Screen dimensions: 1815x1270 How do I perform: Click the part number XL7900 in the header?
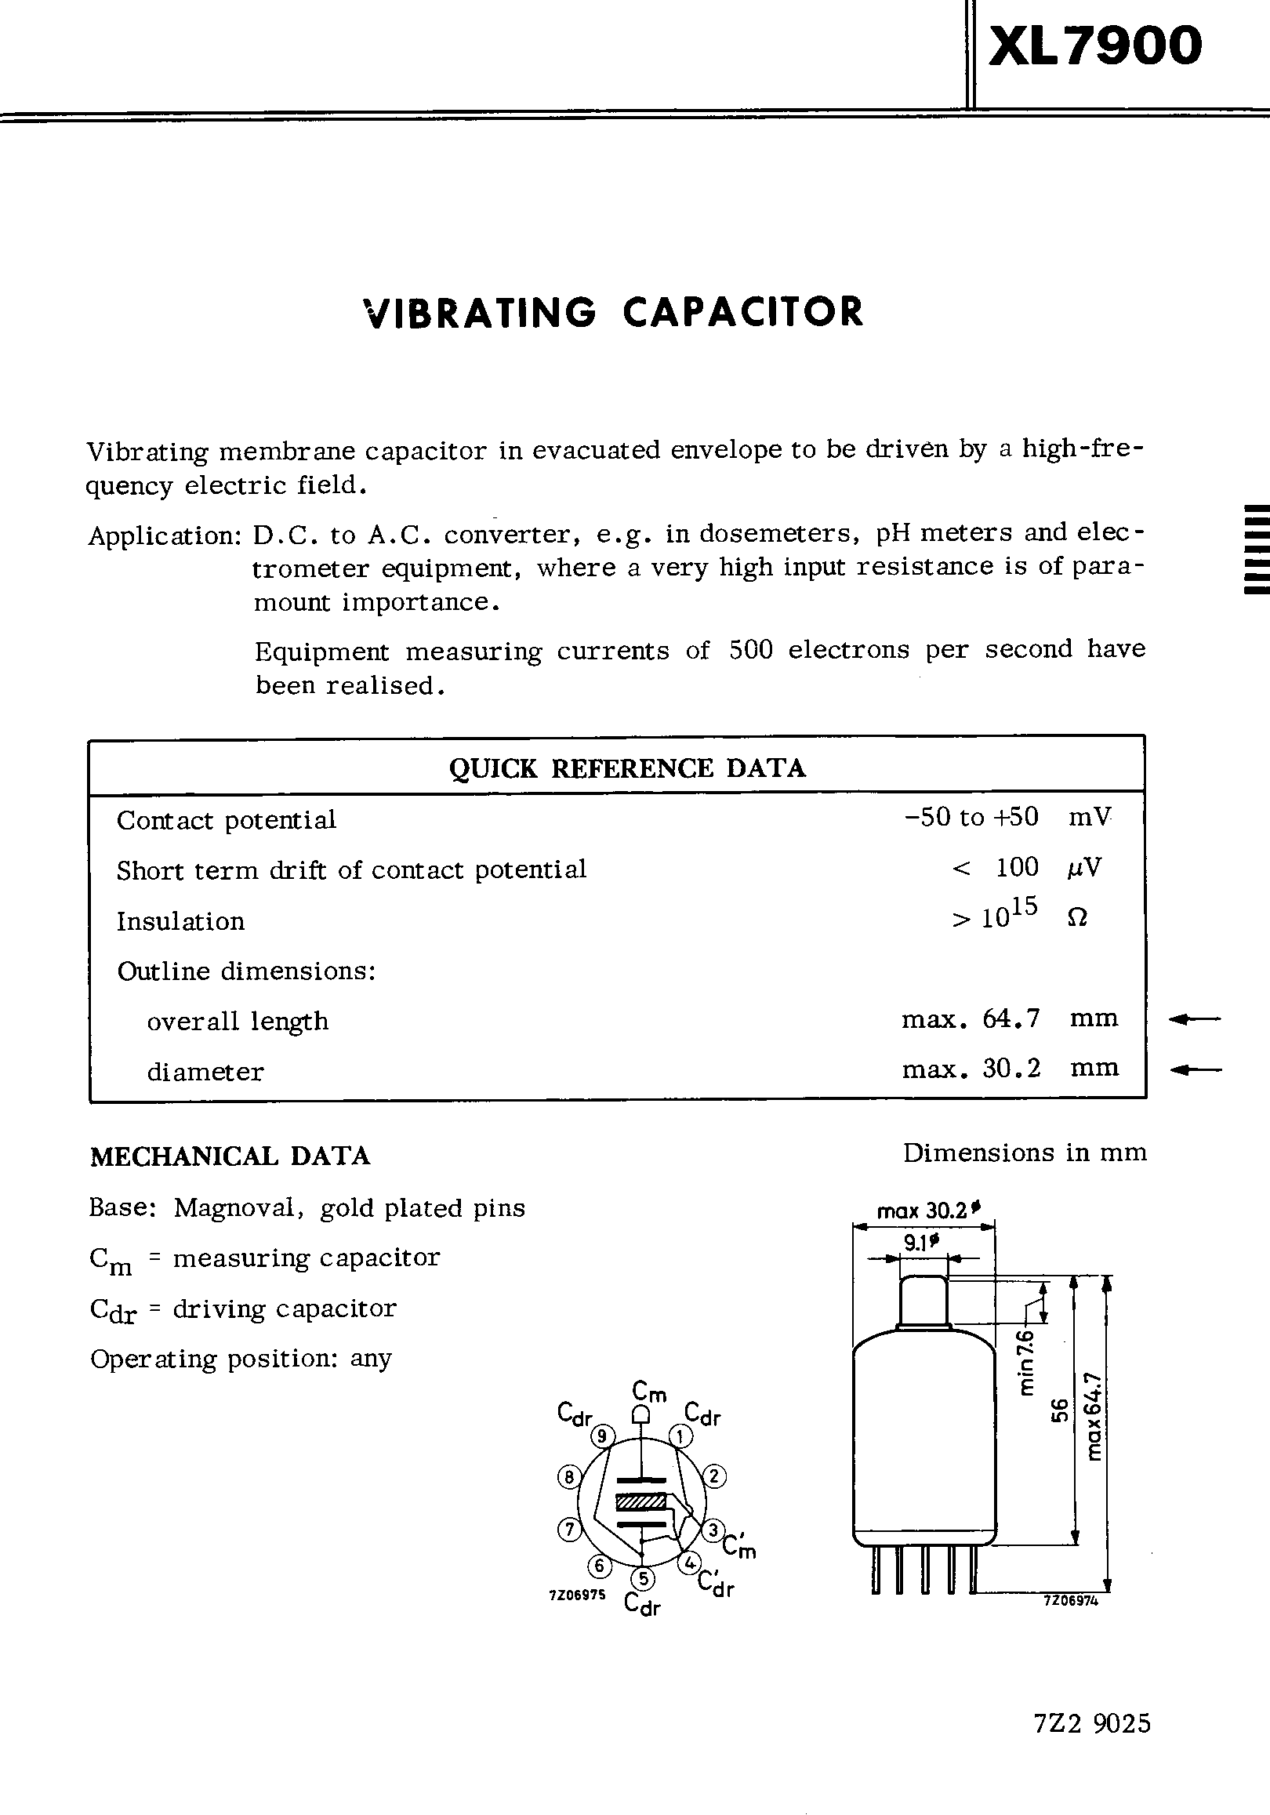(1094, 45)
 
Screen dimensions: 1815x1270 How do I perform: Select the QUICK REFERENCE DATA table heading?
(626, 768)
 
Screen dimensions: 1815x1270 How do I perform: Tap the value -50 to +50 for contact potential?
(971, 817)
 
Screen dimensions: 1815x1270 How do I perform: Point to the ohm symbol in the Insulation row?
(1077, 918)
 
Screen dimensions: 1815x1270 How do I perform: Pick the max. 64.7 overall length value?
(971, 1019)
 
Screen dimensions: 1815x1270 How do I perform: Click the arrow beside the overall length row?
(1194, 1020)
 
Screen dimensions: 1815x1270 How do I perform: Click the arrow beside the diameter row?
(1194, 1070)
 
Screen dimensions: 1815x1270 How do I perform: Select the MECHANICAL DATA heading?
(230, 1156)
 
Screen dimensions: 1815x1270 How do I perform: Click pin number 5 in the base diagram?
(644, 1579)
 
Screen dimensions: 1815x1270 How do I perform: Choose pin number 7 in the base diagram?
(569, 1530)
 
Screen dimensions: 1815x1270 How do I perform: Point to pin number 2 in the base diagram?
(713, 1476)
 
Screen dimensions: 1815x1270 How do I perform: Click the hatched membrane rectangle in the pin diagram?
(641, 1501)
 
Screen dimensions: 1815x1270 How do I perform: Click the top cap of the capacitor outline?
(923, 1300)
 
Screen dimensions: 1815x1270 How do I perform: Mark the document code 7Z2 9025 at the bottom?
(1091, 1744)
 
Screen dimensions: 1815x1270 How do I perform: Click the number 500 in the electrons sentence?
(750, 650)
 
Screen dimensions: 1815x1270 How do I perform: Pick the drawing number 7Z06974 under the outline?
(1071, 1600)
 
